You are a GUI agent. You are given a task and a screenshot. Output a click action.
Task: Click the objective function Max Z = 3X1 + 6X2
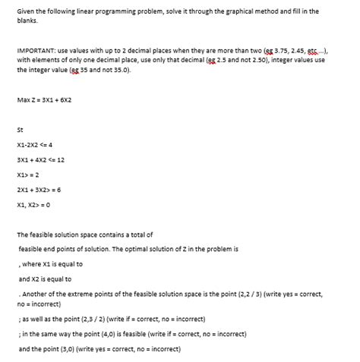pos(44,100)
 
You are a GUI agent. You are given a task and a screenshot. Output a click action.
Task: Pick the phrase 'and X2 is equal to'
pos(50,279)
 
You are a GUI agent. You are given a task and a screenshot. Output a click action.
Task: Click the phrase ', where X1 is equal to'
pos(52,263)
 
